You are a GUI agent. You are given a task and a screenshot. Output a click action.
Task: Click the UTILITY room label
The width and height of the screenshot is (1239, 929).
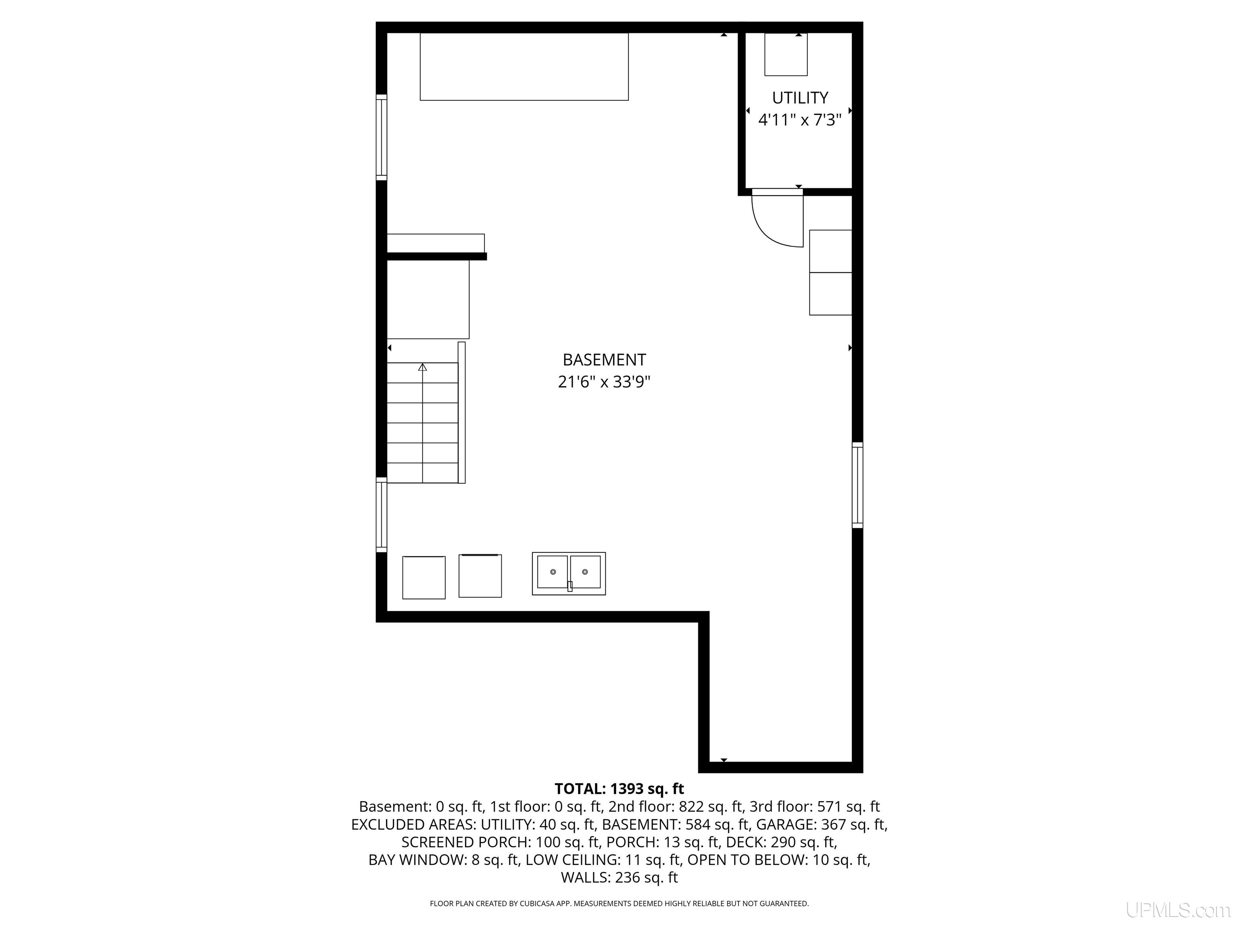pos(800,98)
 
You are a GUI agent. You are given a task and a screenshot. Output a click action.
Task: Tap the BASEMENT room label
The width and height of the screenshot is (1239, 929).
pos(605,360)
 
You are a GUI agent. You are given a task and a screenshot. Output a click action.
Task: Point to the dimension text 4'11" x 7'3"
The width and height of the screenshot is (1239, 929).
pos(800,120)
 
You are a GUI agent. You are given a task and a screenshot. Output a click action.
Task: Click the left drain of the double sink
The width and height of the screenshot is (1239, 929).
pos(553,572)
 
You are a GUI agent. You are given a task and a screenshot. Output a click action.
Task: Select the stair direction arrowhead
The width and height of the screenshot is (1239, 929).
pos(422,367)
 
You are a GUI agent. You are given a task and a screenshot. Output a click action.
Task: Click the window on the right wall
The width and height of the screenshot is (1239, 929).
pos(857,485)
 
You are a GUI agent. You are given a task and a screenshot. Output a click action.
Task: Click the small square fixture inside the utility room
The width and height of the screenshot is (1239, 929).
pos(786,54)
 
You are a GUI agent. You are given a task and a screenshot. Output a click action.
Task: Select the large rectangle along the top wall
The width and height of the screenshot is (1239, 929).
pos(524,67)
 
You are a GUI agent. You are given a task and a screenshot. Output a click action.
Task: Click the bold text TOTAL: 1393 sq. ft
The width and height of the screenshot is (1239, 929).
pos(619,789)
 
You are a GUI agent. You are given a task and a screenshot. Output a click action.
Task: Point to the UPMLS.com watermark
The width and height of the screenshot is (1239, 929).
pos(1178,910)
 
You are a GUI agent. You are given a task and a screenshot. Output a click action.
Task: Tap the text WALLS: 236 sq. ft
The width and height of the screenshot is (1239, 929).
pos(619,877)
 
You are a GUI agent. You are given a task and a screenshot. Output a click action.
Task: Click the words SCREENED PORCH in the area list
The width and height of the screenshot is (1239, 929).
pos(466,842)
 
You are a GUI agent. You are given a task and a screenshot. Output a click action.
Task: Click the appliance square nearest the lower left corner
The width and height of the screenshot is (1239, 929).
pos(424,577)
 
